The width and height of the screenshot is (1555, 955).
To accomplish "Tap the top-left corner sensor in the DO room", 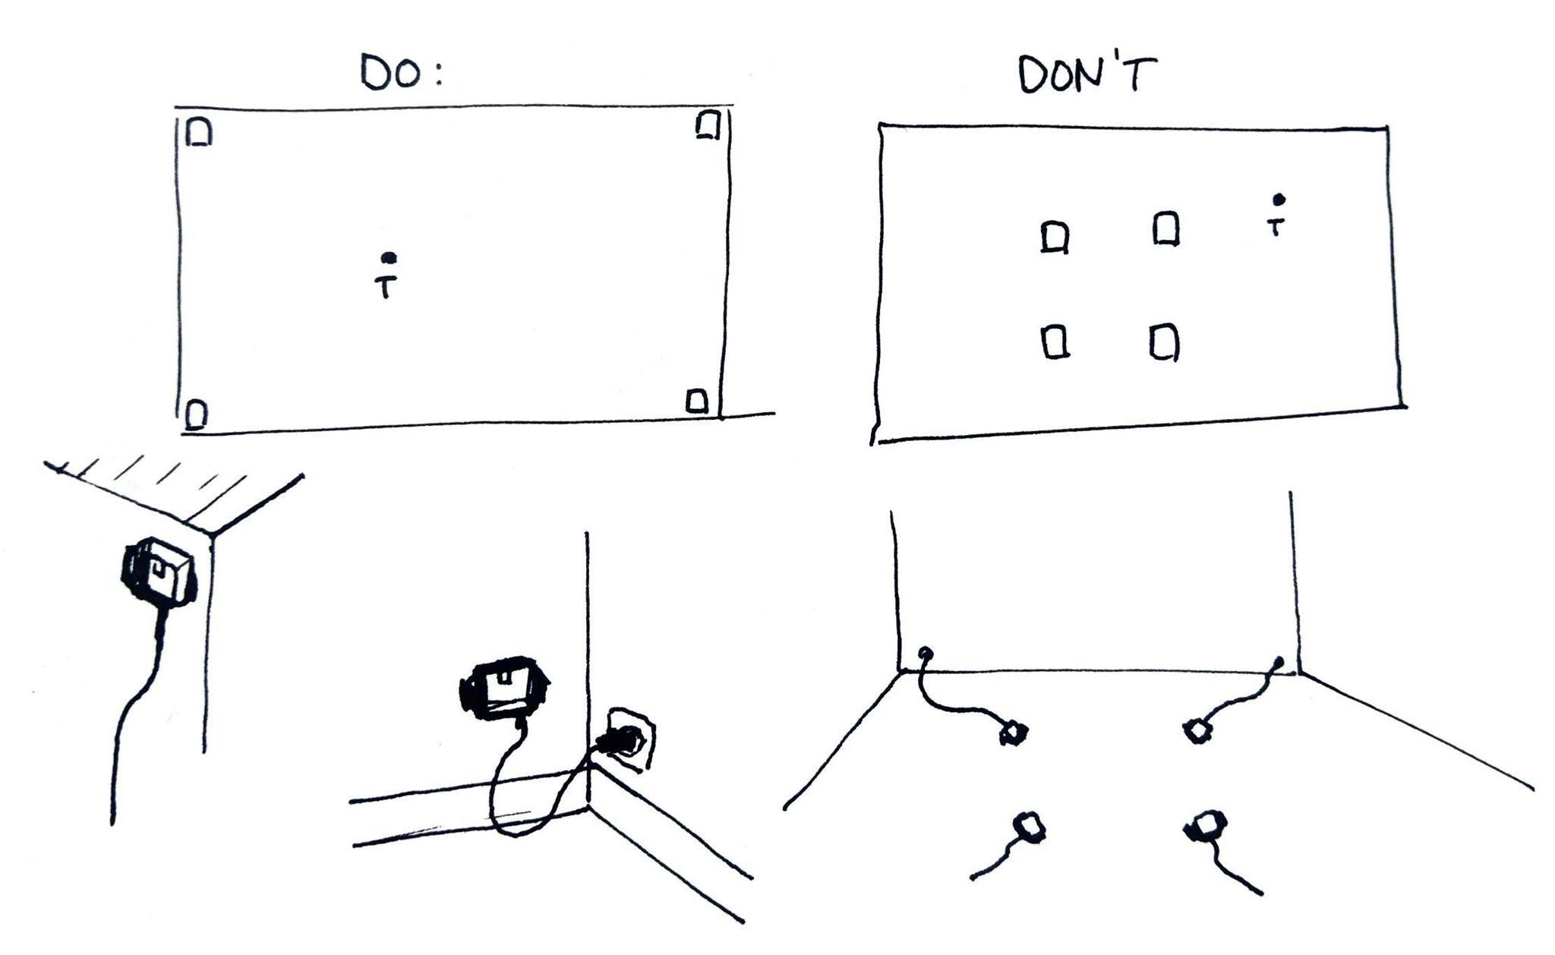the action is click(x=200, y=131).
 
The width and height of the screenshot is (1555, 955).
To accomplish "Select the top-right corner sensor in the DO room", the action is click(x=708, y=124).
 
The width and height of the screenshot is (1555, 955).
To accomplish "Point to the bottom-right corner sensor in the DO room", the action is click(x=698, y=401).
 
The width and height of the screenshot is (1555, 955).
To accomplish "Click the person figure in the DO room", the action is click(x=388, y=276).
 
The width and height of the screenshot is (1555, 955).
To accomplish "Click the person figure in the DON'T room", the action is click(x=1277, y=216).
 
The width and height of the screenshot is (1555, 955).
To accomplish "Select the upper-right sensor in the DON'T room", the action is click(x=1166, y=229).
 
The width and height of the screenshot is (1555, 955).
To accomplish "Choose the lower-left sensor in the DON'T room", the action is click(x=1055, y=341).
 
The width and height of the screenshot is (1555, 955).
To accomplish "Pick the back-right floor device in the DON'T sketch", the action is click(x=1198, y=731).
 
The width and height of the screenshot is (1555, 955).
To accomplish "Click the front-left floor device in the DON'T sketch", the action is click(x=1030, y=826).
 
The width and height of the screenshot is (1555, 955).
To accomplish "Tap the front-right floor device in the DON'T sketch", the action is click(x=1206, y=826).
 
